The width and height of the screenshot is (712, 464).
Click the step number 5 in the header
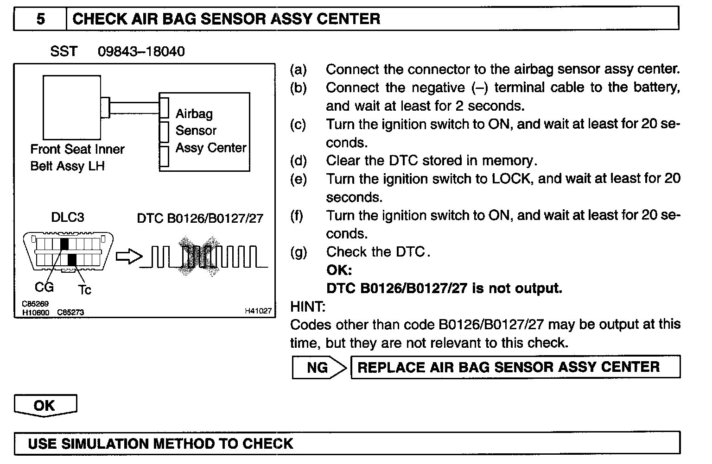click(x=41, y=19)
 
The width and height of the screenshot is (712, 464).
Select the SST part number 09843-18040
click(x=141, y=51)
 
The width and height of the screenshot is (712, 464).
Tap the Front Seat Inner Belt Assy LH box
click(x=71, y=107)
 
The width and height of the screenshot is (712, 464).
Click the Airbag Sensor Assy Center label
click(x=210, y=131)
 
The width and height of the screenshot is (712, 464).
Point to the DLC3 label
click(x=68, y=218)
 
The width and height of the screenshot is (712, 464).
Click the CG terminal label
click(x=44, y=288)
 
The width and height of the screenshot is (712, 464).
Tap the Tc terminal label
click(x=84, y=290)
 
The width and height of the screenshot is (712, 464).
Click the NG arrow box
click(x=319, y=368)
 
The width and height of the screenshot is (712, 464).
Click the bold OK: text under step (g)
click(x=339, y=270)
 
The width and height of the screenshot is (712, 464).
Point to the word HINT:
click(x=308, y=307)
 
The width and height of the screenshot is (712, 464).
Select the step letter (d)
click(x=299, y=161)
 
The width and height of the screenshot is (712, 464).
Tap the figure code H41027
click(x=258, y=311)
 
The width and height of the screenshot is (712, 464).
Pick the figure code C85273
click(x=70, y=313)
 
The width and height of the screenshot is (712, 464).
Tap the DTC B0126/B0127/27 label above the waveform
click(x=200, y=218)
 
